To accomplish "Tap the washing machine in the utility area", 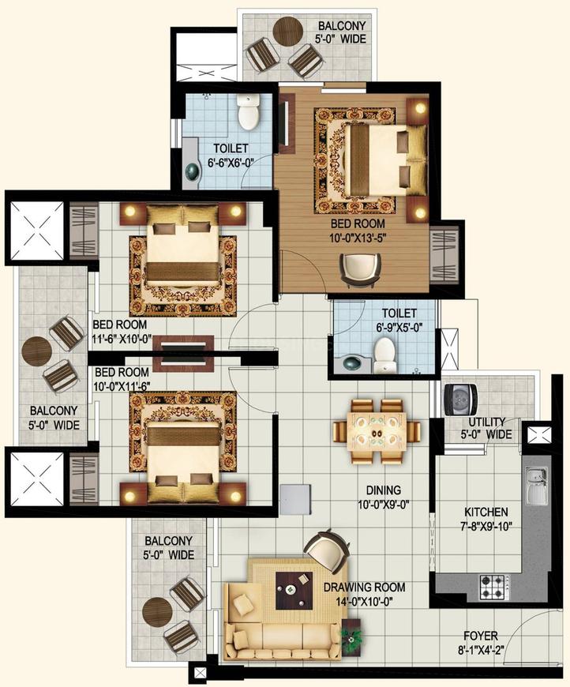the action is point(460,400).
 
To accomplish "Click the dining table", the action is point(377,432).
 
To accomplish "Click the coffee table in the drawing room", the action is point(294,590).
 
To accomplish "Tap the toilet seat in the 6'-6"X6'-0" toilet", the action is point(249,112).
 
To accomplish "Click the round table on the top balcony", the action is point(288,31).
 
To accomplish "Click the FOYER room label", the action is point(481,636).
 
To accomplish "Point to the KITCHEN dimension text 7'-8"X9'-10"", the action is point(486,525).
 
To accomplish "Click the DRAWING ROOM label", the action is point(365,587).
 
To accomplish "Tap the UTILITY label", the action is point(487,422).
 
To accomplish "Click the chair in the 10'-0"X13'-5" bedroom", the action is point(361,270).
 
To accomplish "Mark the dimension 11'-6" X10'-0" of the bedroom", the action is point(122,339).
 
